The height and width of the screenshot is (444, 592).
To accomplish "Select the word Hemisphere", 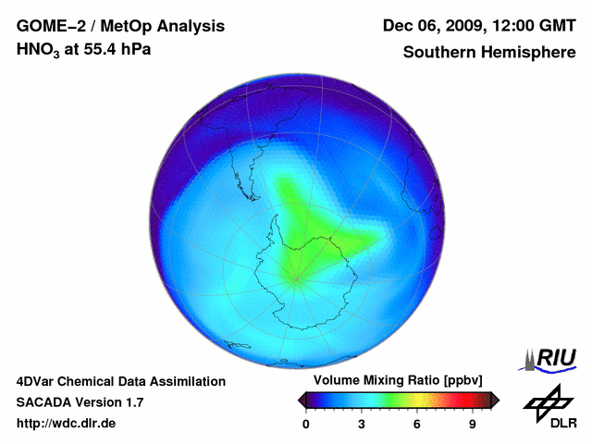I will [527, 53].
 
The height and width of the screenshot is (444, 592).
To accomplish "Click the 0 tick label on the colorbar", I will [306, 424].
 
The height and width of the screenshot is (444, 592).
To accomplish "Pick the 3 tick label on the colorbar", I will [362, 424].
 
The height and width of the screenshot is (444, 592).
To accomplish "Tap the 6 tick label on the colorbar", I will [417, 424].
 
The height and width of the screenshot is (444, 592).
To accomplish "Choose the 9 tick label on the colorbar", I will [473, 424].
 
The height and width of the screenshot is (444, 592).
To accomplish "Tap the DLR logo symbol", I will [546, 401].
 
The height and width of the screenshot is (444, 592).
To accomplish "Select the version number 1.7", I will [133, 402].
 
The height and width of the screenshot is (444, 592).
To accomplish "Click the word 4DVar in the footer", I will [37, 381].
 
